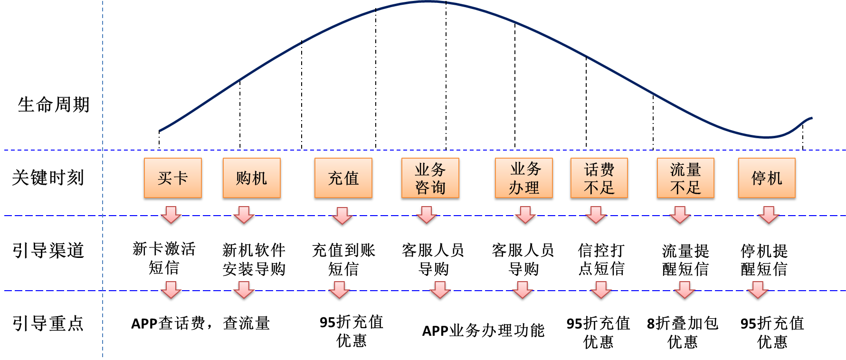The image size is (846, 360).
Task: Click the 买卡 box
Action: click(173, 178)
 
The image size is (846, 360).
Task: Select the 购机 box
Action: click(252, 178)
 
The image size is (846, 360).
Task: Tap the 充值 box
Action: click(343, 178)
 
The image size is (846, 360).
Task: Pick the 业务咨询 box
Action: click(430, 178)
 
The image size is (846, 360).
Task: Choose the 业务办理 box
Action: click(523, 178)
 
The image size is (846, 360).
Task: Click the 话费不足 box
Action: click(599, 178)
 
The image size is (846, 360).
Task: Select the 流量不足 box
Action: click(685, 178)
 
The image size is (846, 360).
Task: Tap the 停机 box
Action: click(767, 178)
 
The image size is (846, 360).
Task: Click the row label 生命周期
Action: click(54, 104)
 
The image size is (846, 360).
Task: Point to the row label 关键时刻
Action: click(48, 178)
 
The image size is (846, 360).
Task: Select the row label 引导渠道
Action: click(48, 250)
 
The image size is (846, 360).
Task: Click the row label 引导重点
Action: click(48, 323)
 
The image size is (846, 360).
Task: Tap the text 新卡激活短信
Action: click(164, 258)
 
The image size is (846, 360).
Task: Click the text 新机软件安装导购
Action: click(254, 259)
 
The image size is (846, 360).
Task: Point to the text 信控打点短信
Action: click(601, 259)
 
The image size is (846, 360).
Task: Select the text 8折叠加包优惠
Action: click(683, 332)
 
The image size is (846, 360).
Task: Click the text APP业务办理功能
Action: click(483, 330)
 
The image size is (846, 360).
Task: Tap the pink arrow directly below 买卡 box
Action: click(171, 215)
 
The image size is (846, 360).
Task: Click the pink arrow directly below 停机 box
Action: click(769, 215)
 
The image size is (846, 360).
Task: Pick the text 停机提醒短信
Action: click(764, 259)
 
